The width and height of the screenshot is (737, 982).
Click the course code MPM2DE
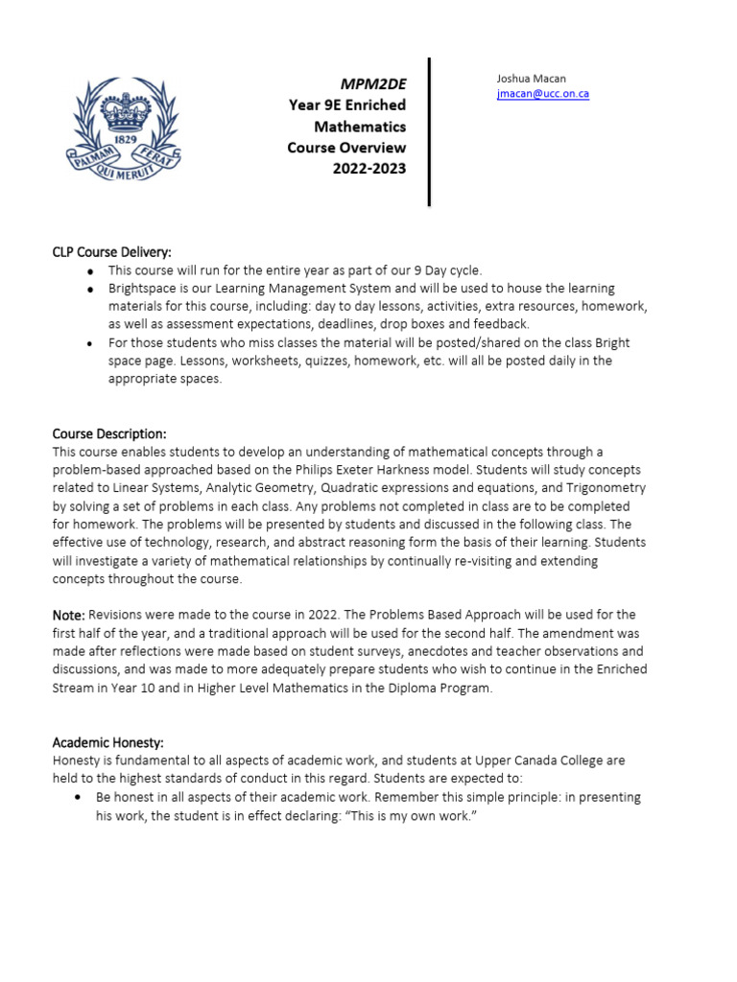tap(373, 83)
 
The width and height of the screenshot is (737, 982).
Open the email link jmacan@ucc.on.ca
tap(542, 94)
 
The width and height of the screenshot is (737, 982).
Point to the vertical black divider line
tap(429, 131)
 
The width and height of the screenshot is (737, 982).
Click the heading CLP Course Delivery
tap(111, 252)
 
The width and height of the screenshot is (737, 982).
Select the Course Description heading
tap(109, 433)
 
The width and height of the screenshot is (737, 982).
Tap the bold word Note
tap(68, 615)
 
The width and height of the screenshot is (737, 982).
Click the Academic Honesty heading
tap(107, 742)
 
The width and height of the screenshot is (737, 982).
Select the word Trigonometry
tap(602, 488)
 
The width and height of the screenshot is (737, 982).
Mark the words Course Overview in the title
tap(346, 148)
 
